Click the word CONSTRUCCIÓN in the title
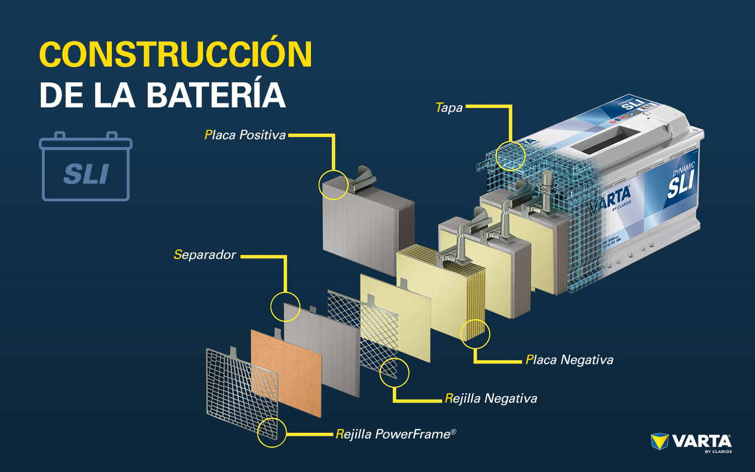175,54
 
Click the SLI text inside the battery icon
86,174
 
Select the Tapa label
449,107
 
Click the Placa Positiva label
245,135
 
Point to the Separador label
205,255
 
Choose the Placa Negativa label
569,360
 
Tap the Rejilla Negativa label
491,398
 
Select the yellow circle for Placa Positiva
333,185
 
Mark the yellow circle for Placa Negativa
475,334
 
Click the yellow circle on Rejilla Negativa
394,372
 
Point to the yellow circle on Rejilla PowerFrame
271,432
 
